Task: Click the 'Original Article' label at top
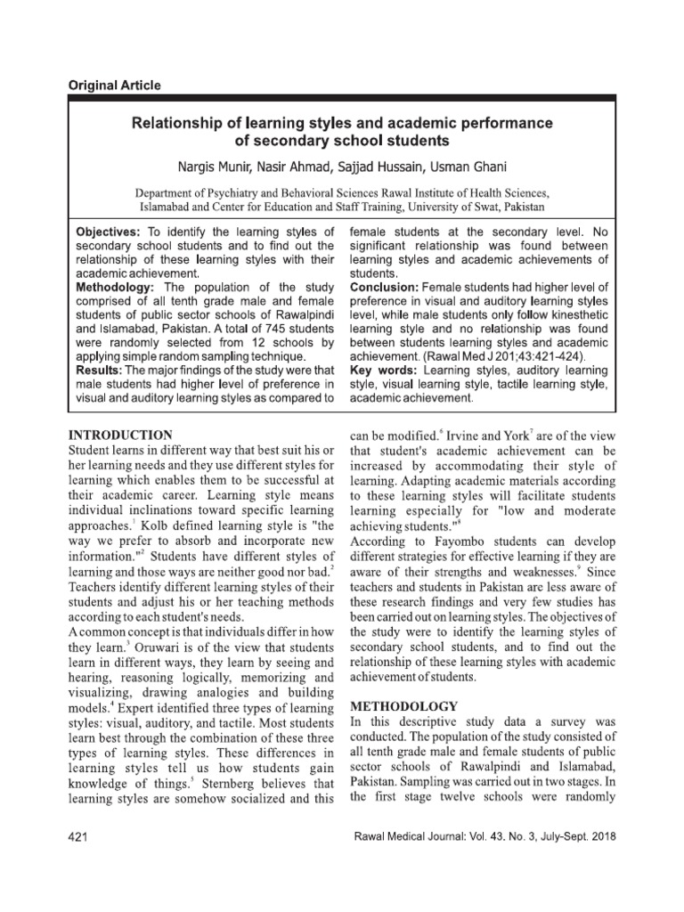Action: (x=115, y=85)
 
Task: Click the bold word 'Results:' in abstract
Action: (x=98, y=369)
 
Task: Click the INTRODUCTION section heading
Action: (x=120, y=435)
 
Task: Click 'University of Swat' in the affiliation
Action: (x=490, y=207)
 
